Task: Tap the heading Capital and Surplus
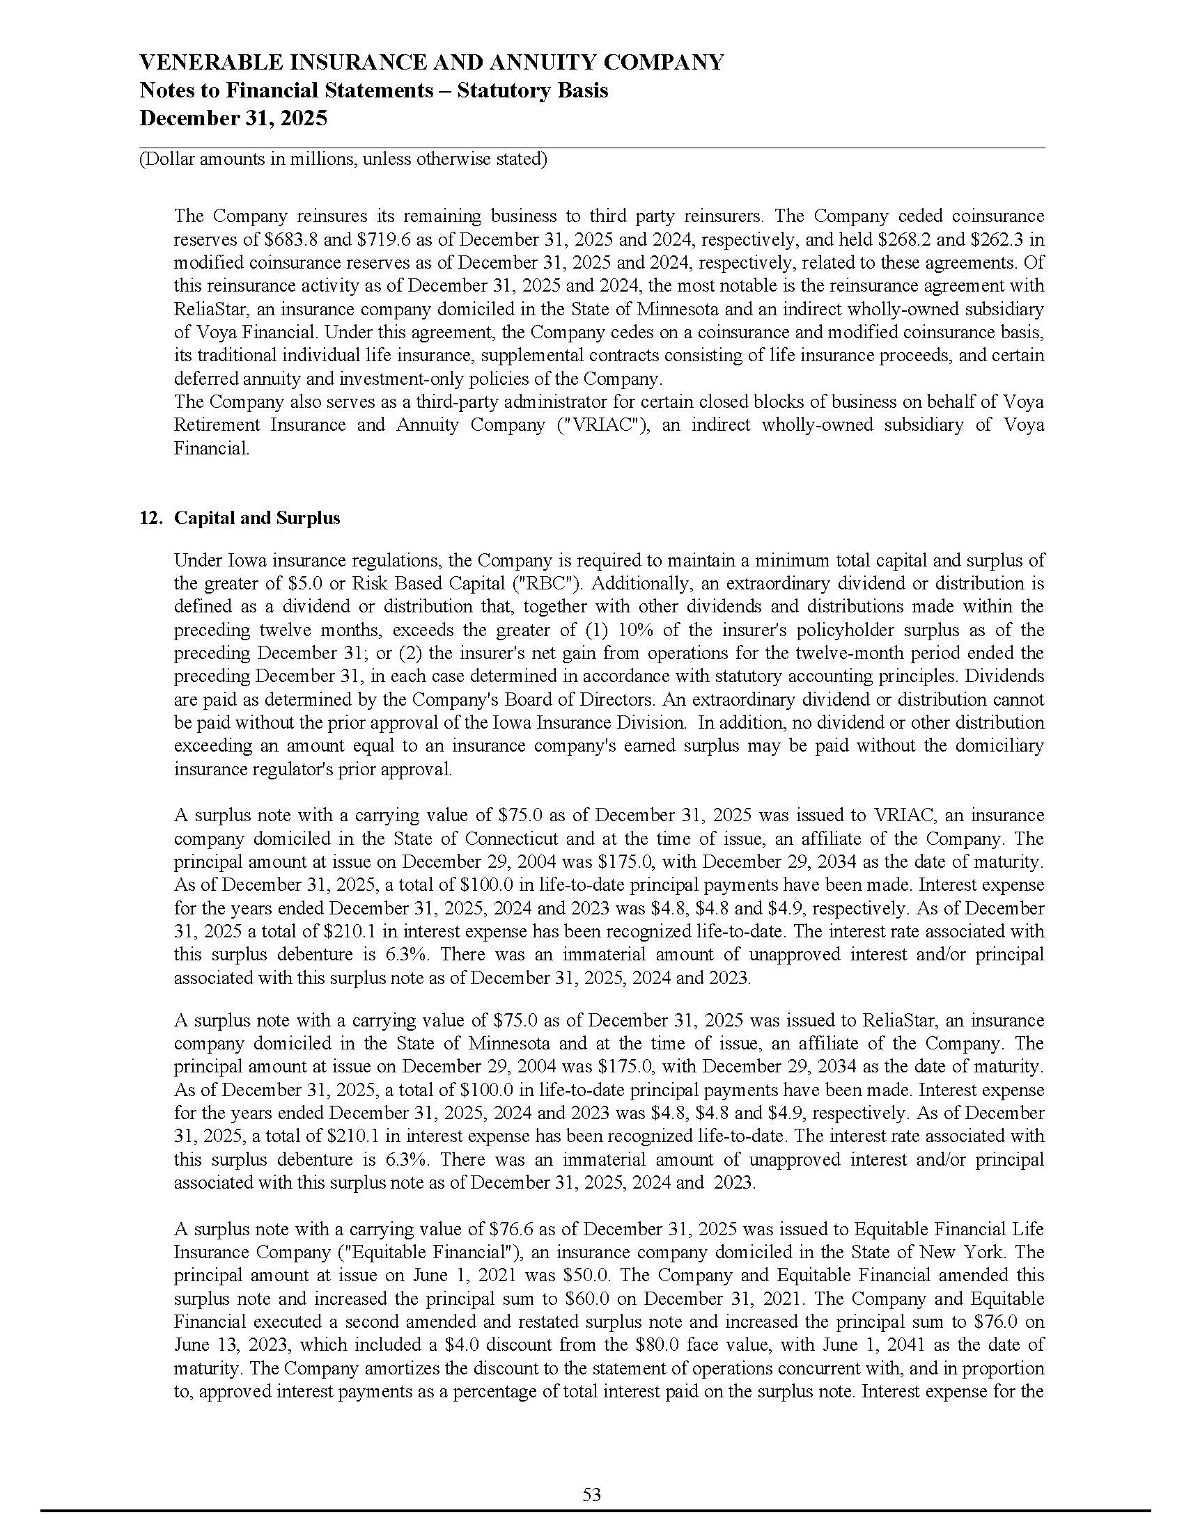click(x=257, y=518)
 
